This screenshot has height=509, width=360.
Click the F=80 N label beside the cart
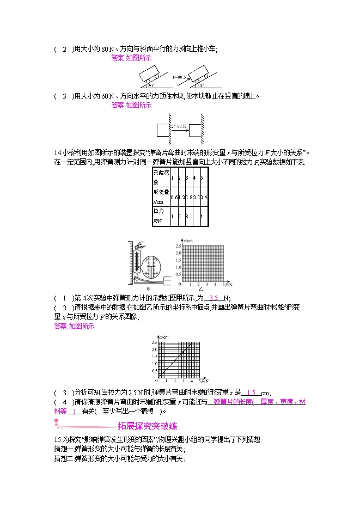pos(181,77)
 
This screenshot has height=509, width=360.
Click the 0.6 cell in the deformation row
pos(173,197)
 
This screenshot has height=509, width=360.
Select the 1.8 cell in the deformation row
pos(187,197)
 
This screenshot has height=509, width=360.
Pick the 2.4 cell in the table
pos(202,197)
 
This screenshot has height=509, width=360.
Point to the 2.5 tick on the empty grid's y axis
pos(178,247)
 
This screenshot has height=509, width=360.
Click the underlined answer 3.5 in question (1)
pos(215,298)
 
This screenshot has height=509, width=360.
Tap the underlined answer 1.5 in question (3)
pos(251,393)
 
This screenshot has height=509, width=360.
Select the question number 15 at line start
pos(58,439)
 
